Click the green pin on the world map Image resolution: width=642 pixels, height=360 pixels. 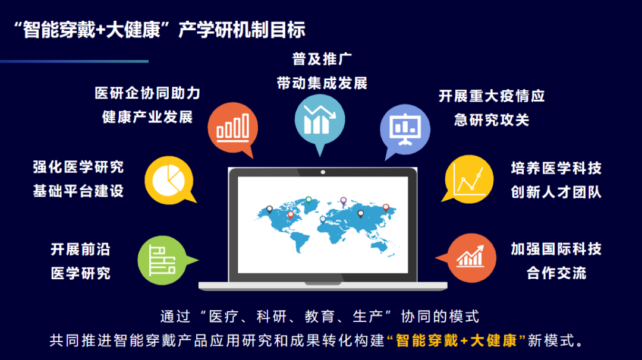308,200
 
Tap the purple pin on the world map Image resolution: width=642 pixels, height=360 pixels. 343,201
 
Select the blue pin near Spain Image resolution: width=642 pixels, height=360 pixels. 323,219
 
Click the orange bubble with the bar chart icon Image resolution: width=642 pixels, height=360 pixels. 232,126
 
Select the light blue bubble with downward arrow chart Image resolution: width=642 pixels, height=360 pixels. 319,117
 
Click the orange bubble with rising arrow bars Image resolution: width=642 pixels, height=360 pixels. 470,258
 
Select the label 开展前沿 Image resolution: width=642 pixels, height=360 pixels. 80,249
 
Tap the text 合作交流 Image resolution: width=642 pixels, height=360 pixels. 556,273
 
